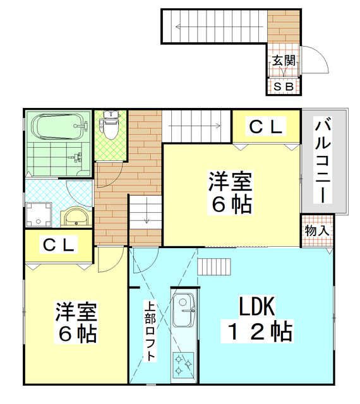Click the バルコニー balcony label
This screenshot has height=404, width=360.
[x=323, y=160]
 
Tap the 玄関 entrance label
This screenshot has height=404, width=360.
[x=284, y=61]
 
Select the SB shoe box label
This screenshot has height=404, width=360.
[x=283, y=86]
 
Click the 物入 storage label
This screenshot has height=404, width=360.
[x=316, y=231]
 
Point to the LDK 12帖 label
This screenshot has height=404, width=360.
[x=256, y=319]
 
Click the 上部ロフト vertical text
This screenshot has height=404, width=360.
[x=150, y=331]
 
